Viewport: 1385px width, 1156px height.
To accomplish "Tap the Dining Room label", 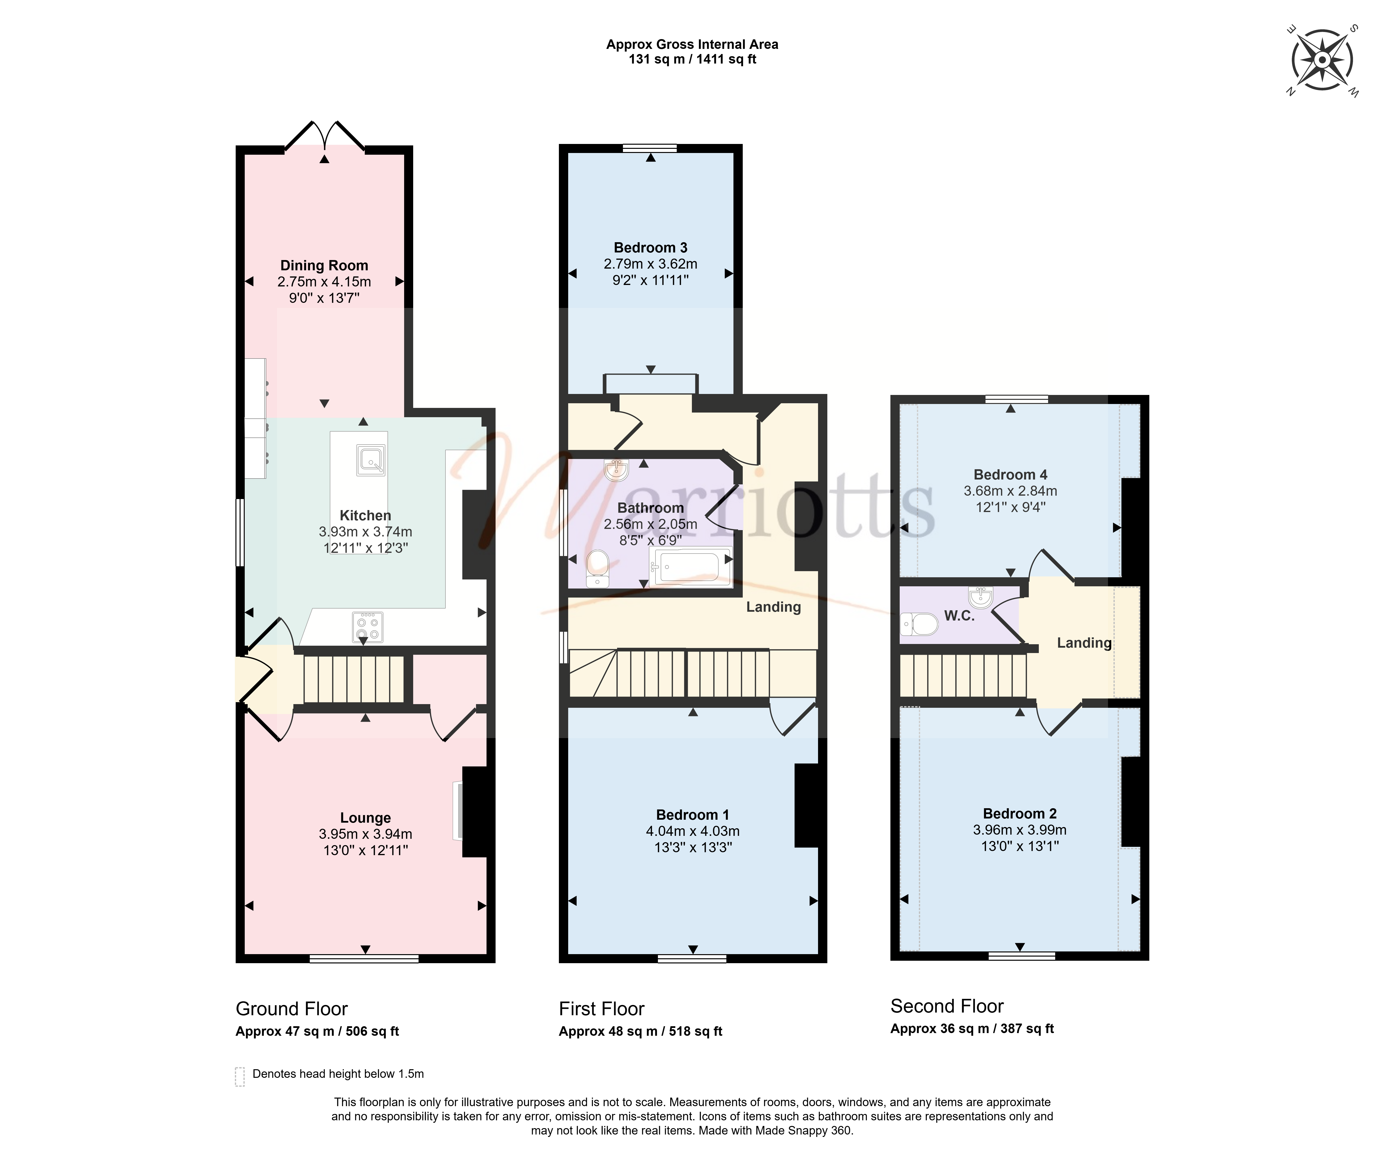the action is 324,265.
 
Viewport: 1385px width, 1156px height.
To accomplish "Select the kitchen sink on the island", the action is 371,460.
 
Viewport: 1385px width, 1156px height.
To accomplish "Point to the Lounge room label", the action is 365,818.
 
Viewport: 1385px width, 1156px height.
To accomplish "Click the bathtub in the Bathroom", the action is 690,567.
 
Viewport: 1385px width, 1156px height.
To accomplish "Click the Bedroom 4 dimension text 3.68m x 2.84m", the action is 1010,491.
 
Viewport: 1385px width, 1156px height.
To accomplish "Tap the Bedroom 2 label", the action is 1020,814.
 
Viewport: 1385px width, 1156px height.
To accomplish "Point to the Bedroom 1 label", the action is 692,815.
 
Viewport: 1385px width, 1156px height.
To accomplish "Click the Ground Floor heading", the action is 291,1009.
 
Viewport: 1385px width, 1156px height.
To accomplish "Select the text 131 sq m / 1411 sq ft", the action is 692,59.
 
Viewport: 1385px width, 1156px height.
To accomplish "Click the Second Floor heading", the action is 947,1006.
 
